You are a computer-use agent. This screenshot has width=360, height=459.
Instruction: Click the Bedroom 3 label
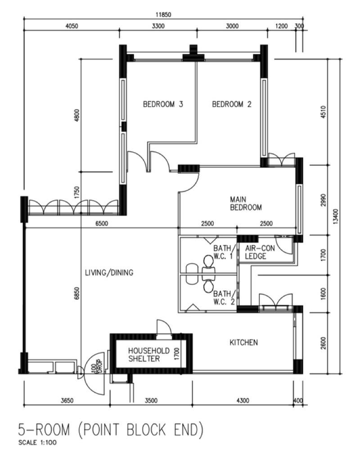[163, 104]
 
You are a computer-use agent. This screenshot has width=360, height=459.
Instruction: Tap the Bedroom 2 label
[231, 104]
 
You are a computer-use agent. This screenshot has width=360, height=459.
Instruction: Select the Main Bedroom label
[246, 203]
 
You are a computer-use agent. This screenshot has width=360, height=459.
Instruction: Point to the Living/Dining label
[109, 273]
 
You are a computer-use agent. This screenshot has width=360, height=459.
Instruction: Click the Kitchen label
[243, 342]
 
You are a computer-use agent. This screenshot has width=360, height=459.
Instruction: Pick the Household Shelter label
[148, 355]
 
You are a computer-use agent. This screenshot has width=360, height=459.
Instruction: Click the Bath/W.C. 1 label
[224, 252]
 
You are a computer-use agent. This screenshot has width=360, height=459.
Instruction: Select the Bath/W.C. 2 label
[224, 297]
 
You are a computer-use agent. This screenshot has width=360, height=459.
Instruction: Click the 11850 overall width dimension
[163, 15]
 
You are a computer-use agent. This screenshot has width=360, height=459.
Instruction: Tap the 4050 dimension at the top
[72, 26]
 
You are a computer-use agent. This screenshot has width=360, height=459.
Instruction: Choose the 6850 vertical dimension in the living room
[76, 293]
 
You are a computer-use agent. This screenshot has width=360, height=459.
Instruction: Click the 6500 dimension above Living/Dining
[102, 224]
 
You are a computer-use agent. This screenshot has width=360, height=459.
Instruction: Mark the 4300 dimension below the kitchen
[243, 400]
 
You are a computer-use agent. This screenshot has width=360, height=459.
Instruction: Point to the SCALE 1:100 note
[37, 443]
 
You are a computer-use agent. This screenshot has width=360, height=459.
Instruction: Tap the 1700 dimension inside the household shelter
[176, 354]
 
